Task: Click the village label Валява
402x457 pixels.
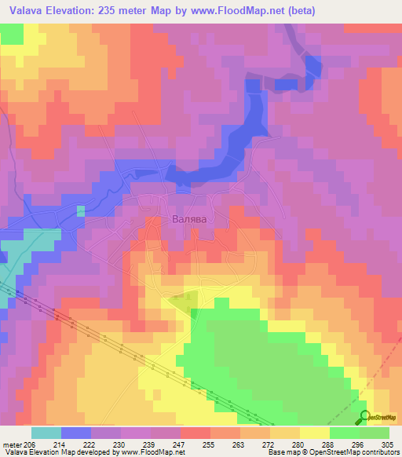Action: [x=189, y=221]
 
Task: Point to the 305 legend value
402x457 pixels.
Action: [x=389, y=444]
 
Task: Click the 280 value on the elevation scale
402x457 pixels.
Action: [x=300, y=444]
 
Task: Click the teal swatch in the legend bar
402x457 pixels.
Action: [x=46, y=433]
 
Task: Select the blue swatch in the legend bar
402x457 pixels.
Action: [x=76, y=433]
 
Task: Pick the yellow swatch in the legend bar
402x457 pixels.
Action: [x=315, y=433]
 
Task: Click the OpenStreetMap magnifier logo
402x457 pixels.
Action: [x=364, y=416]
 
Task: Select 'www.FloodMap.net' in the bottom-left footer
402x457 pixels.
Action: [x=148, y=452]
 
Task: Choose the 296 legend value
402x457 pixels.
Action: [x=359, y=444]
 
